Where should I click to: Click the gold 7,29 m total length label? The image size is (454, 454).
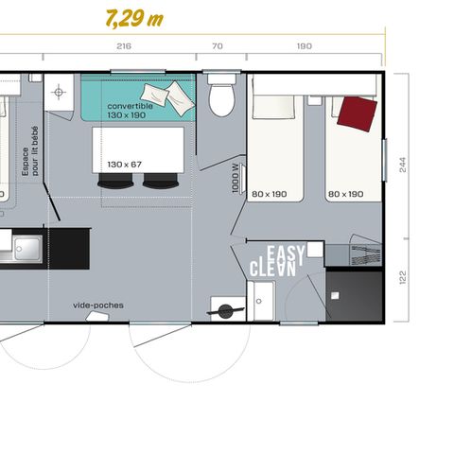click(134, 19)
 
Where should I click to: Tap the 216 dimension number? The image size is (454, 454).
click(124, 46)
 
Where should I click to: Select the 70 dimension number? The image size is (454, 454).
click(218, 46)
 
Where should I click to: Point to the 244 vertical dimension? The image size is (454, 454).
click(403, 165)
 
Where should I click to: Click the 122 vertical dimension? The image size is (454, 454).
click(403, 277)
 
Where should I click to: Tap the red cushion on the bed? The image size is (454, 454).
click(358, 113)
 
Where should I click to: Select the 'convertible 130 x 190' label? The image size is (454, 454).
click(130, 111)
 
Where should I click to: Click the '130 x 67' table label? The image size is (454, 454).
click(124, 165)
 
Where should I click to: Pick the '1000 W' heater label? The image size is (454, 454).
click(236, 178)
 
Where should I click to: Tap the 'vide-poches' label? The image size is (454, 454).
click(98, 306)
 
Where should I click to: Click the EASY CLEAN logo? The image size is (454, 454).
click(277, 261)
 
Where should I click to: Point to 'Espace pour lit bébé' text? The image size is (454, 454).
click(30, 151)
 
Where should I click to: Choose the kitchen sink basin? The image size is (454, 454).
click(27, 249)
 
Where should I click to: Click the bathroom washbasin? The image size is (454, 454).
click(260, 301)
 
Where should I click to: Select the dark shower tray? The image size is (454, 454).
click(354, 296)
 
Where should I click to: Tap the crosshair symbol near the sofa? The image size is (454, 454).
click(59, 93)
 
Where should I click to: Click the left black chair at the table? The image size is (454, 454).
click(115, 181)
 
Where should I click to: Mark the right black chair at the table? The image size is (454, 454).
click(161, 181)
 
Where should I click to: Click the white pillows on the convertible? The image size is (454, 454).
click(167, 97)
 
